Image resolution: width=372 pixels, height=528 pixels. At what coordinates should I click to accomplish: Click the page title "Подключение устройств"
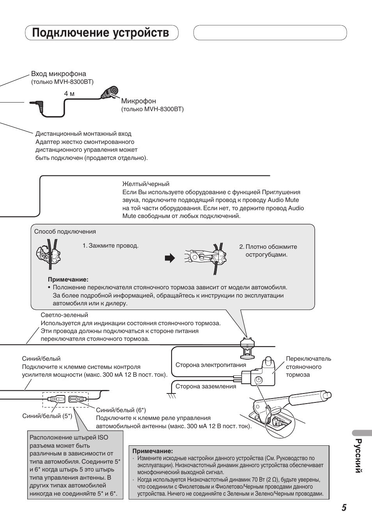coord(101,33)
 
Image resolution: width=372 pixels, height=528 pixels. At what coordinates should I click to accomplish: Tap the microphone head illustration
coord(110,92)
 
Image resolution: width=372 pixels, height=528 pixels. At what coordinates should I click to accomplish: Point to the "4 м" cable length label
coord(69,94)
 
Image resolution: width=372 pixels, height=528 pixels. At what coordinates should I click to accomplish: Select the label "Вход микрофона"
coord(58,74)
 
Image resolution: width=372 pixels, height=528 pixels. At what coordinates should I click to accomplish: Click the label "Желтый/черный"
coord(145,184)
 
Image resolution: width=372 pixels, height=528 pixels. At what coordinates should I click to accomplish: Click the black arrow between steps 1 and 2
coord(170,258)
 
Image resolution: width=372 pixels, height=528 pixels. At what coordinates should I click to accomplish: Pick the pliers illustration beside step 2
coord(205,257)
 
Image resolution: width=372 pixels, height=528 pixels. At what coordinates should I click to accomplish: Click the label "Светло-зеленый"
coord(64,315)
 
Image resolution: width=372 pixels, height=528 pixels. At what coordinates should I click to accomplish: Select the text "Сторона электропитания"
coord(211,365)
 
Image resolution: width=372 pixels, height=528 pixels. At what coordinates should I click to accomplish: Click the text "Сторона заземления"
coord(205,386)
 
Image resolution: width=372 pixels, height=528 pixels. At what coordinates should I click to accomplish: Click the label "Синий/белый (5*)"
coord(47,416)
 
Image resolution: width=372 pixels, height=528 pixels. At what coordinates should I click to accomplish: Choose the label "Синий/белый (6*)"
coord(121,410)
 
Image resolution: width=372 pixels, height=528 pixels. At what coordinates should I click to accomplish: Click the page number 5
coord(344,507)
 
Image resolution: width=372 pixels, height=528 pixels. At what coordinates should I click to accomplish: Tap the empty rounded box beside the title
coord(270,33)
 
